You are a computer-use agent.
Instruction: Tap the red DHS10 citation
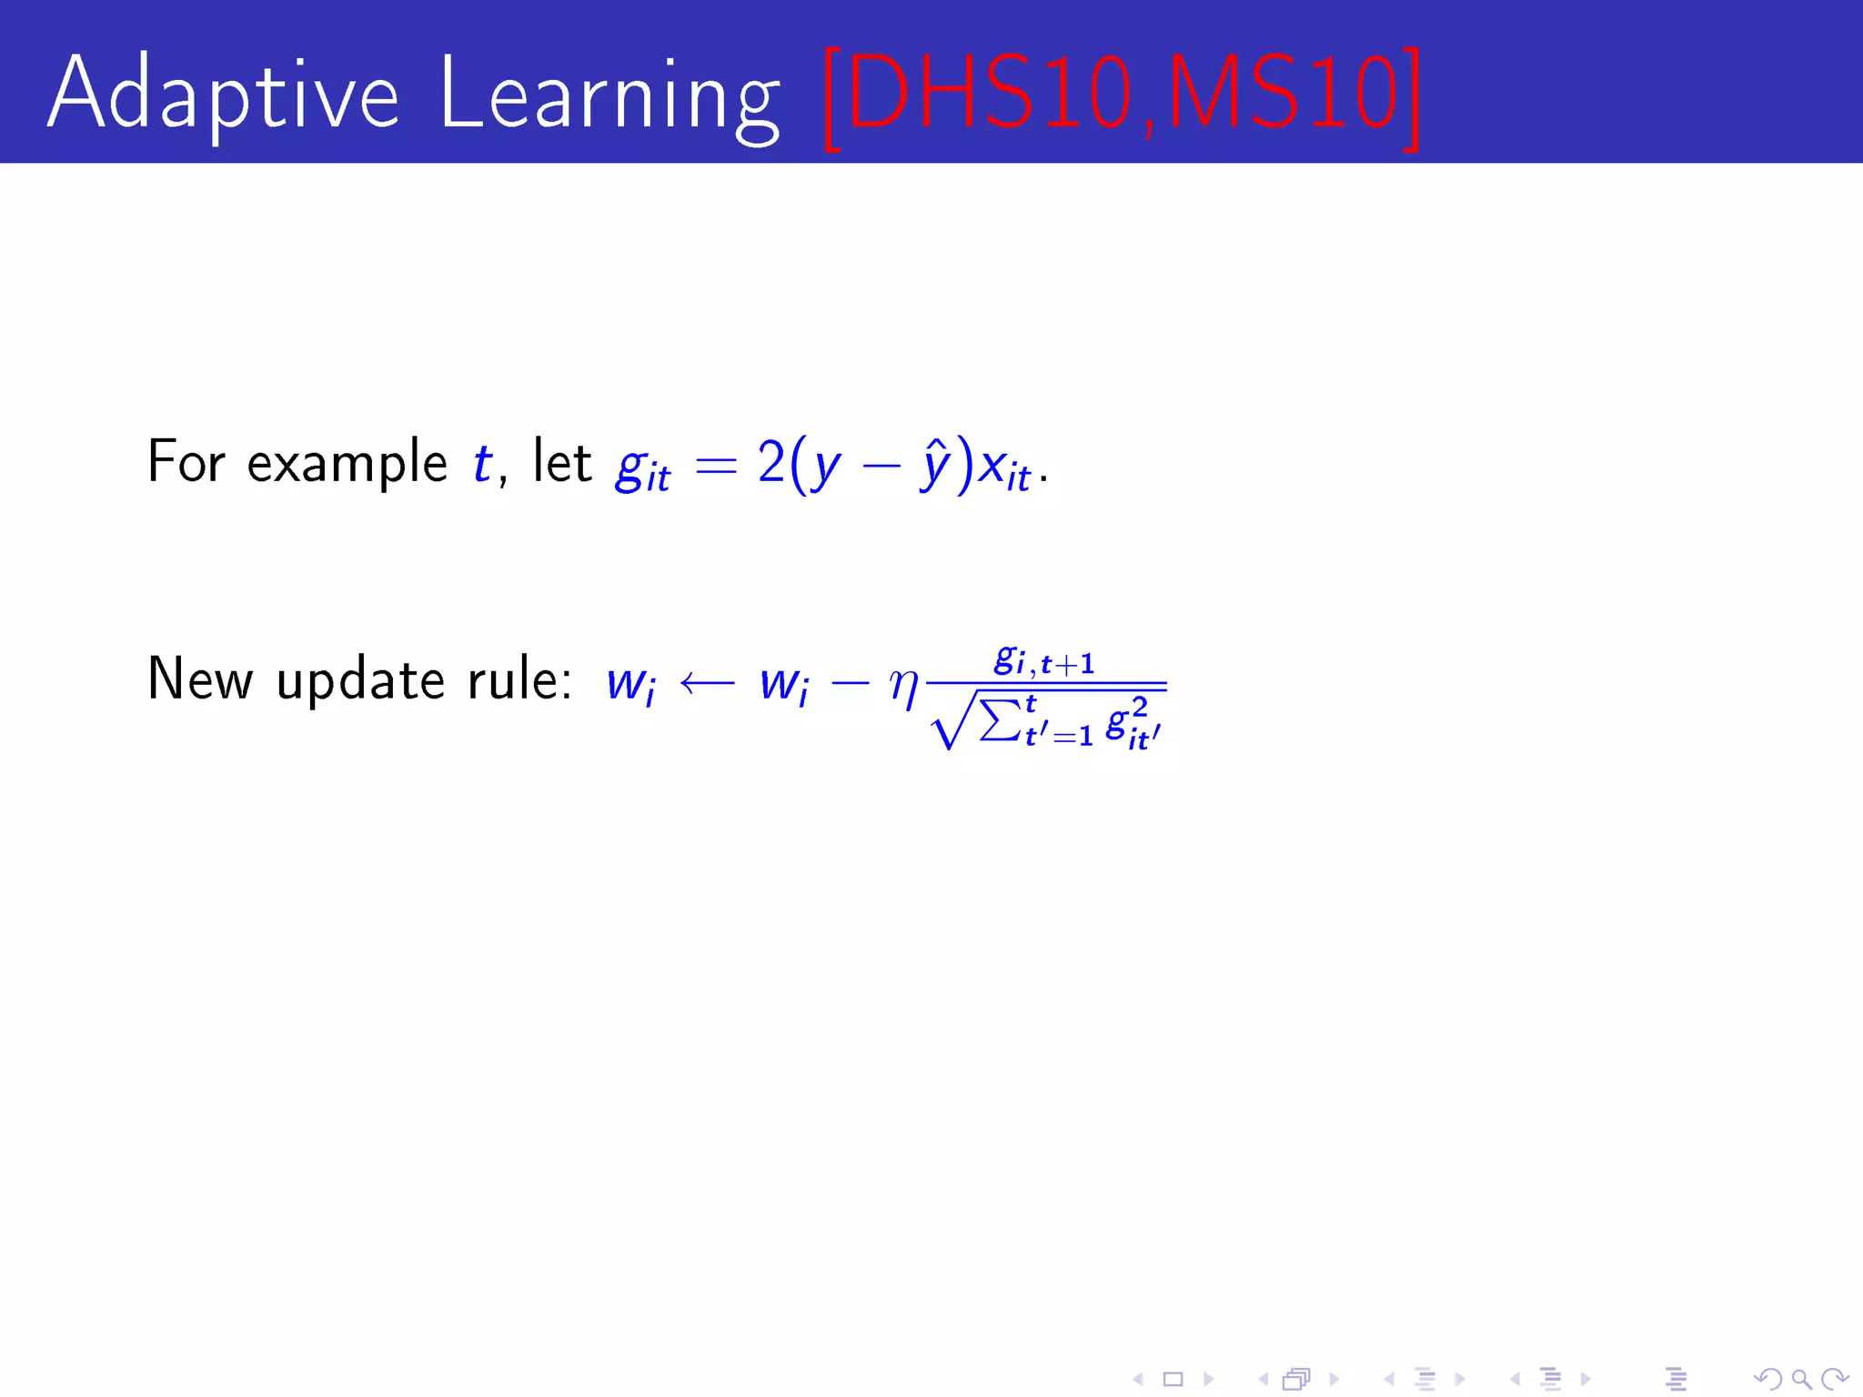(987, 94)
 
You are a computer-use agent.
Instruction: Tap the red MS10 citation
(1283, 94)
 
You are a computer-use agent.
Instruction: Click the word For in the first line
(186, 462)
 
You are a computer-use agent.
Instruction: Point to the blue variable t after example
(482, 462)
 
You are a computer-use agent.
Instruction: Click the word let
(562, 461)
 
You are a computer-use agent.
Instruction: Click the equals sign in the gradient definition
(714, 467)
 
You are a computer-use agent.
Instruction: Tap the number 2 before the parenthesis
(770, 462)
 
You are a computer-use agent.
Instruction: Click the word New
(200, 679)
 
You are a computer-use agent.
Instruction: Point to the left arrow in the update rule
(707, 683)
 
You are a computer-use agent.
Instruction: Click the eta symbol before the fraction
(903, 684)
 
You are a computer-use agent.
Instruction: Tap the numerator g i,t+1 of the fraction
(1043, 661)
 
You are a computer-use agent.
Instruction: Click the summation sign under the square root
(999, 721)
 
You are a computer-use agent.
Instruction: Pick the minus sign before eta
(850, 683)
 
